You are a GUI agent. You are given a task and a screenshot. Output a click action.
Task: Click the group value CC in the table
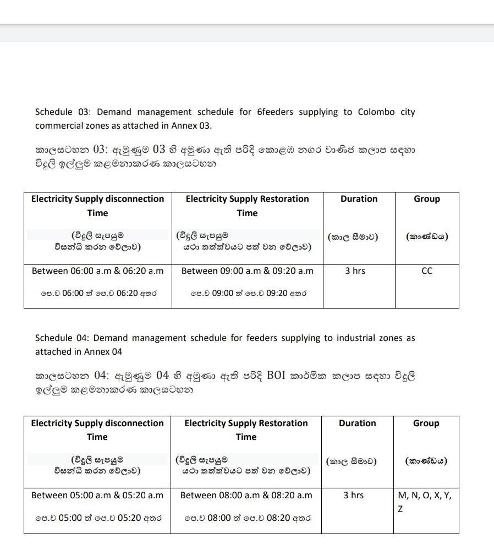pyautogui.click(x=426, y=271)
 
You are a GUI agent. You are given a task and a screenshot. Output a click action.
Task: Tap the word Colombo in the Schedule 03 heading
pyautogui.click(x=376, y=112)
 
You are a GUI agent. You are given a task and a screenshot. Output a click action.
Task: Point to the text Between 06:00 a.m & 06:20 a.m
pyautogui.click(x=98, y=271)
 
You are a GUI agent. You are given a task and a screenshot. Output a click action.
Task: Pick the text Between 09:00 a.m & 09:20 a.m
pyautogui.click(x=247, y=271)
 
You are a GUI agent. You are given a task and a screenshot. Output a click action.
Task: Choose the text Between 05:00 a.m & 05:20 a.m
pyautogui.click(x=97, y=496)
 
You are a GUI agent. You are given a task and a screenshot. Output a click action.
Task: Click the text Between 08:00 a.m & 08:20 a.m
pyautogui.click(x=246, y=496)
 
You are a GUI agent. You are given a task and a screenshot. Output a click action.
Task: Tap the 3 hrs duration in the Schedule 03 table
pyautogui.click(x=355, y=271)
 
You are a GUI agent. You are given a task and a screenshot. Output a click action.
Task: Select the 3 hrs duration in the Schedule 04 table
pyautogui.click(x=353, y=496)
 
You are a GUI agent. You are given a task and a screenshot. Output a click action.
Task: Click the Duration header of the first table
pyautogui.click(x=359, y=199)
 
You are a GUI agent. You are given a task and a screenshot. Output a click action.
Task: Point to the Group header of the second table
pyautogui.click(x=426, y=424)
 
